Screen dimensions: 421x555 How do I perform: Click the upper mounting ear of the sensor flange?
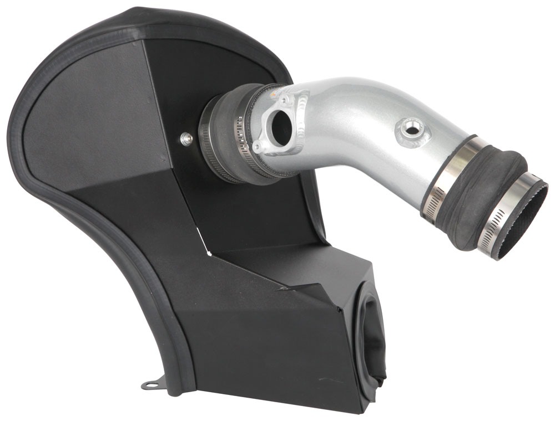pyautogui.click(x=284, y=100)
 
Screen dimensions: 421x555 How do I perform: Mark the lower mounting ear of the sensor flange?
pyautogui.click(x=258, y=146)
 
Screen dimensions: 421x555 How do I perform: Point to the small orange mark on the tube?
pyautogui.click(x=273, y=94)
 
